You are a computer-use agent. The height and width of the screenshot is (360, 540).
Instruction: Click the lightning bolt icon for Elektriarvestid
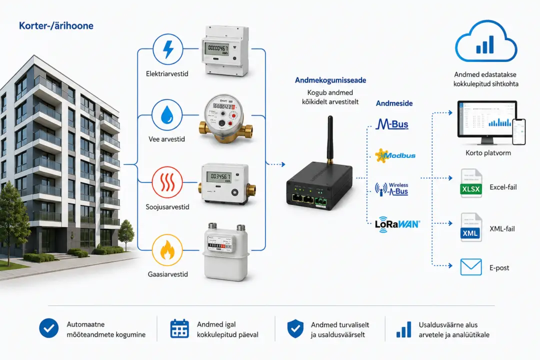(167, 49)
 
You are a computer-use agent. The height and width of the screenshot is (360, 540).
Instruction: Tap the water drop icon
(167, 114)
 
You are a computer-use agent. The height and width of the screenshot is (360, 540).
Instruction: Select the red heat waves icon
(167, 182)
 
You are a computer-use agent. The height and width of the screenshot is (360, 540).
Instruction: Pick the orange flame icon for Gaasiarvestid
(167, 250)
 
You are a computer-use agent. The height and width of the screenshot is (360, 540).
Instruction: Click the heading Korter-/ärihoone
(56, 26)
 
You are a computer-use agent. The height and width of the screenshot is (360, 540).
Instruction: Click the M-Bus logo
(392, 124)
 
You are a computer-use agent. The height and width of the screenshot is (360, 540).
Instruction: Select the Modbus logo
(395, 155)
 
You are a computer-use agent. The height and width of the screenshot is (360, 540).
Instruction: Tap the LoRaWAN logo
(397, 224)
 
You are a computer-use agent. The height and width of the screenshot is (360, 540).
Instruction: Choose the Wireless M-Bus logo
(391, 189)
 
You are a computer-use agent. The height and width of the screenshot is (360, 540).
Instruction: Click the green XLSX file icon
(471, 183)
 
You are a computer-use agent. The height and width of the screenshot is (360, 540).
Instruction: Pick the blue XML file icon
(471, 227)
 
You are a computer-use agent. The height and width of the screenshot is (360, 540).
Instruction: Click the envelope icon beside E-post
(471, 267)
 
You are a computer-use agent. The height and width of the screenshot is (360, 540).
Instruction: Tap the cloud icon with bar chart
(486, 41)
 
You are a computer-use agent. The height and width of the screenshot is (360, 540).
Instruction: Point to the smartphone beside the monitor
(518, 131)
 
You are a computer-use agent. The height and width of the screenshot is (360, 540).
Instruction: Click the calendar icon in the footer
(179, 328)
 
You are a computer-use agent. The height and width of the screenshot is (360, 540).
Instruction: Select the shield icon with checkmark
(295, 328)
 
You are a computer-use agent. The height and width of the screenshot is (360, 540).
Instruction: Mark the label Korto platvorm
(488, 153)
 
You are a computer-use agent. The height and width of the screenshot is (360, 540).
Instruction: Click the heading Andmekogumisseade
(330, 80)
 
